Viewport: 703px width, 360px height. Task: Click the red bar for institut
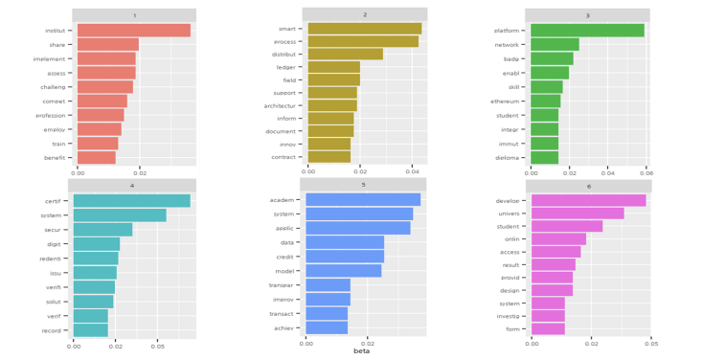click(133, 31)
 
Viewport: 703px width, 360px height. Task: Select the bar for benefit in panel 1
click(96, 157)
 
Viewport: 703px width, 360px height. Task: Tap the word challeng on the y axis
click(53, 87)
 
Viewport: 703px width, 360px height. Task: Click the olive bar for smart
click(364, 29)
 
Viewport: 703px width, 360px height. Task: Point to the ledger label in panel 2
click(284, 67)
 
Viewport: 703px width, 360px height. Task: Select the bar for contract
click(329, 156)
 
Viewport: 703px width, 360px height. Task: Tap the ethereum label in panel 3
click(505, 101)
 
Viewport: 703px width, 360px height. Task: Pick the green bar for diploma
click(544, 157)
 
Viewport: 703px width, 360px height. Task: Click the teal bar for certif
click(131, 201)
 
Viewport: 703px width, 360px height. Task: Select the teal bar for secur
click(102, 230)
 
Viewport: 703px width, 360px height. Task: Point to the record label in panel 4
click(51, 330)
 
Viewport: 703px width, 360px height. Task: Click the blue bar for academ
click(363, 199)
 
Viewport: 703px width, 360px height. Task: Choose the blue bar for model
click(343, 271)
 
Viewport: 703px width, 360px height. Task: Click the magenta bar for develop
click(588, 200)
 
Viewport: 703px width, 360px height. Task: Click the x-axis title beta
click(361, 350)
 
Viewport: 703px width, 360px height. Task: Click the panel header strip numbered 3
click(587, 15)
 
